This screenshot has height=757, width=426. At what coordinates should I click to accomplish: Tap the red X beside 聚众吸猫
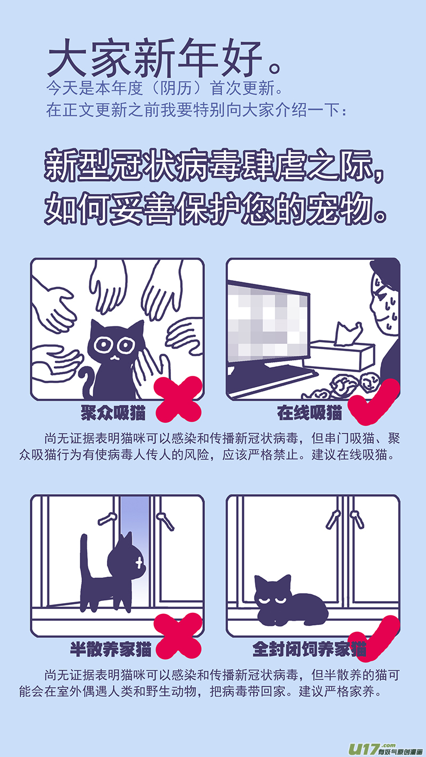pyautogui.click(x=178, y=399)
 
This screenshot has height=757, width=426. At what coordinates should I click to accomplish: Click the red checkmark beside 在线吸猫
pyautogui.click(x=374, y=402)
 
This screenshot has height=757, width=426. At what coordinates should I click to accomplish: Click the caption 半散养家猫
pyautogui.click(x=110, y=649)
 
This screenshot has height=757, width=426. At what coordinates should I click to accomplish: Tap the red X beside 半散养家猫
pyautogui.click(x=178, y=635)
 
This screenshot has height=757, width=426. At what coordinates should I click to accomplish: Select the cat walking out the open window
pyautogui.click(x=113, y=573)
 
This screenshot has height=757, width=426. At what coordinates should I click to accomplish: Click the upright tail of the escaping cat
pyautogui.click(x=85, y=557)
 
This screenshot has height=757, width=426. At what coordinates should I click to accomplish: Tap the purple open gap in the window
pyautogui.click(x=135, y=551)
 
